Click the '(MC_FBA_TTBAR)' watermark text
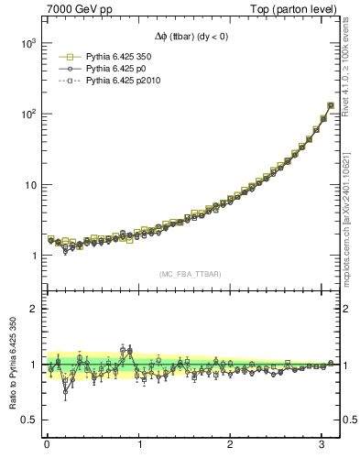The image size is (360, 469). [x=191, y=273]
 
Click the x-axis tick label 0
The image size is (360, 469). [x=47, y=445]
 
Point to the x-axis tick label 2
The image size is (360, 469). [x=232, y=445]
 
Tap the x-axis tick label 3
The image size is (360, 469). [x=323, y=445]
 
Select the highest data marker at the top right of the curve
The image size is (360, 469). [x=330, y=105]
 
